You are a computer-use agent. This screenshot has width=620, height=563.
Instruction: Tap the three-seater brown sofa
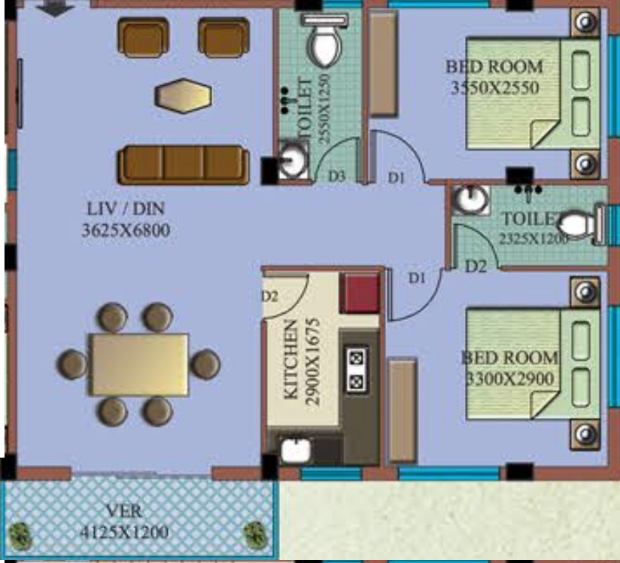(184, 165)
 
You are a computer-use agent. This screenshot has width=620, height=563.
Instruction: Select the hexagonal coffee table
(183, 96)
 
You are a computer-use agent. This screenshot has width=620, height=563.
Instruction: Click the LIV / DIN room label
(124, 208)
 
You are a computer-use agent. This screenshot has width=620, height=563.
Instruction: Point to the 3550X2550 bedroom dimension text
(494, 88)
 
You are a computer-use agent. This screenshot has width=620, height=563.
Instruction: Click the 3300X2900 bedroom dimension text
(509, 378)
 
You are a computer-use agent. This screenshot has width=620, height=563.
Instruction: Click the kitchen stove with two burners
(356, 369)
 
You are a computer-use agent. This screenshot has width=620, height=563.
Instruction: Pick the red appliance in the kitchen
(360, 294)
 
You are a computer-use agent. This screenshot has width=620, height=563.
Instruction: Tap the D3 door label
(336, 176)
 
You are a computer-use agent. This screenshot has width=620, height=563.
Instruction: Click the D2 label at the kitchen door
(270, 296)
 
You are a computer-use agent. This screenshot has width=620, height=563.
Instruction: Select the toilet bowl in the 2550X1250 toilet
(324, 45)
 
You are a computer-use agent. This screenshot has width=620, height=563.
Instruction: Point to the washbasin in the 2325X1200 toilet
(471, 200)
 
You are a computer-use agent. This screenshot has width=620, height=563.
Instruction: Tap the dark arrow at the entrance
(56, 7)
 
